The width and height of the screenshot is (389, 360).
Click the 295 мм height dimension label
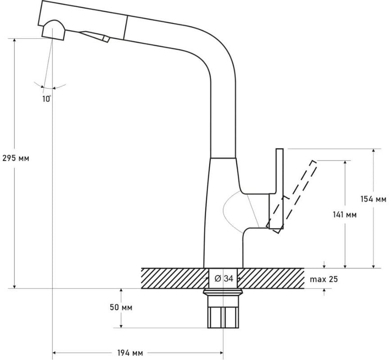click(16, 158)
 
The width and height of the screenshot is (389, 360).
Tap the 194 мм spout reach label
click(130, 353)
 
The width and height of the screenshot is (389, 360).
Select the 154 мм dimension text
click(373, 199)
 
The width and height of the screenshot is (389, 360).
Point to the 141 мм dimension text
click(344, 215)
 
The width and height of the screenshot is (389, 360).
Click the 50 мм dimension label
click(121, 307)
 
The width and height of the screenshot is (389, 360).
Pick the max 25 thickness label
click(324, 279)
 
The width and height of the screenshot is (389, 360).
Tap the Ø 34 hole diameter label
click(224, 279)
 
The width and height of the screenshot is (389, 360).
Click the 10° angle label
click(46, 99)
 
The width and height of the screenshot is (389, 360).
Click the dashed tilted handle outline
click(292, 197)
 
